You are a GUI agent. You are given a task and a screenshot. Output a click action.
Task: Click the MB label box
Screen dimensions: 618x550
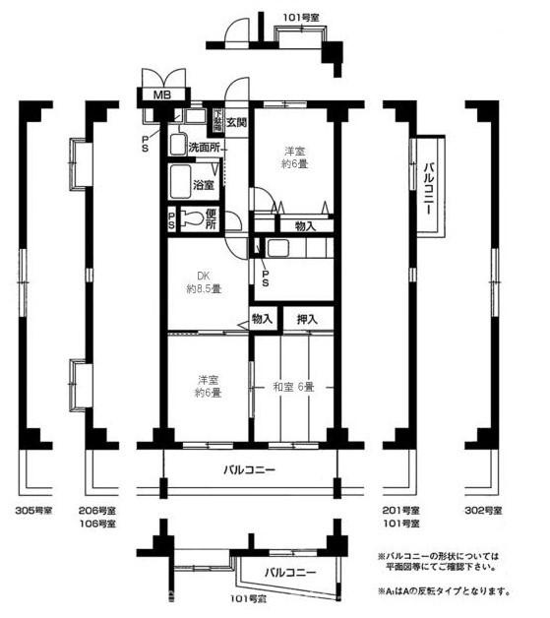click(x=160, y=95)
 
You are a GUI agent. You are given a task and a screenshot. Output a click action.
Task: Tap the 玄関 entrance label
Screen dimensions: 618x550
click(x=236, y=122)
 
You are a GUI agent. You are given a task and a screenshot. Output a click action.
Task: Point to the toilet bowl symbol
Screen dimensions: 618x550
click(x=197, y=219)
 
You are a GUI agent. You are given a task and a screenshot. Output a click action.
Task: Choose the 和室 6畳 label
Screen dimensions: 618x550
click(x=293, y=387)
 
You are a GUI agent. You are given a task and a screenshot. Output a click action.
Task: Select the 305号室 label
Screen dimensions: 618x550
click(x=34, y=511)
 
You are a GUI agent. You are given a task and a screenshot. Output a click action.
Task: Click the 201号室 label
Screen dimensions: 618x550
click(x=399, y=511)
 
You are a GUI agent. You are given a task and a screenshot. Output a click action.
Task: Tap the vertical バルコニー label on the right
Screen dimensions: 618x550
click(x=429, y=185)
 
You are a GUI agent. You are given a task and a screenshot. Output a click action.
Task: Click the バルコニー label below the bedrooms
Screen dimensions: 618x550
click(x=248, y=470)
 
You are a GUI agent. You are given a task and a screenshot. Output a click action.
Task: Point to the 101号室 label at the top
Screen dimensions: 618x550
click(x=302, y=17)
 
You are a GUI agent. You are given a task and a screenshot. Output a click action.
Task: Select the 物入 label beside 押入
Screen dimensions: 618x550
click(x=262, y=319)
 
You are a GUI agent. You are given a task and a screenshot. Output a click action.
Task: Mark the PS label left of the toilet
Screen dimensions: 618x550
click(x=172, y=220)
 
